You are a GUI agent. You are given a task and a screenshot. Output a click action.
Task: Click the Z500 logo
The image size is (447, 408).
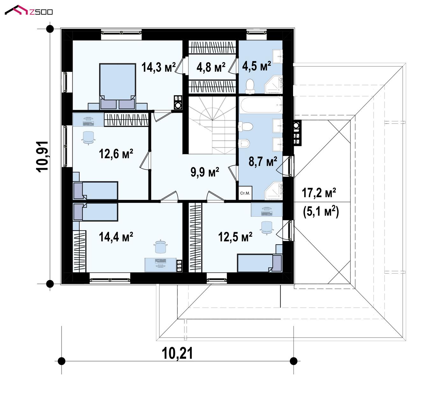pos(29,10)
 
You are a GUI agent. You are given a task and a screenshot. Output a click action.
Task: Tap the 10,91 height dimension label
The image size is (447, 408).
pos(42,156)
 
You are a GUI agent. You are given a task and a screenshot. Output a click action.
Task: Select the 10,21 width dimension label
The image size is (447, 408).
pos(177,354)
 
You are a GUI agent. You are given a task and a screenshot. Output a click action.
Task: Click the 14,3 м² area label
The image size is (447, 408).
pos(159,67)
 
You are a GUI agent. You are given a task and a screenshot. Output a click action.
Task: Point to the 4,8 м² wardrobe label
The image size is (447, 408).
pos(211,67)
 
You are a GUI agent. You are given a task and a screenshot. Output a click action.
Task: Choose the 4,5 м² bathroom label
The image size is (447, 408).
pos(257,66)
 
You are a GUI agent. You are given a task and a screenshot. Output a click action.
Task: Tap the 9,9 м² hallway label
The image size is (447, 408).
pos(205,172)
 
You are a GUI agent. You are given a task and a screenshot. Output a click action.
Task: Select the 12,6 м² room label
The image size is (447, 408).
pos(116,154)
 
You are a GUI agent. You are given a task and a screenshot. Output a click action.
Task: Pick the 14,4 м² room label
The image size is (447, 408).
pos(116,237)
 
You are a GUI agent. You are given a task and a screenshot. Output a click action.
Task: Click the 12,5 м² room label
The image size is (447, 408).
pos(235,237)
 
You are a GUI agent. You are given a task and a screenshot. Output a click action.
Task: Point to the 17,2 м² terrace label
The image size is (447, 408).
pos(319,192)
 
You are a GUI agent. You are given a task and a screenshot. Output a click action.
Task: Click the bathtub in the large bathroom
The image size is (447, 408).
pos(261,104)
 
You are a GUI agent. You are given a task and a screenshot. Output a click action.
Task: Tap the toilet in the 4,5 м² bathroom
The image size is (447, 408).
pos(250,86)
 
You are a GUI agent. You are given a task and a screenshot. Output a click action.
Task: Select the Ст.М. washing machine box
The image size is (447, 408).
pos(245,193)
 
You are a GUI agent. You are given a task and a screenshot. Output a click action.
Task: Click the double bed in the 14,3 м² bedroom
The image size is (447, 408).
pos(118,86)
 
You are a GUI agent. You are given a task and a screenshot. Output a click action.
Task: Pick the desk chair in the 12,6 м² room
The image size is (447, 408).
pos(89,138)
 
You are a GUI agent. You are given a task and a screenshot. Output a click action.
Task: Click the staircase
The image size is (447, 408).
pos(212,125)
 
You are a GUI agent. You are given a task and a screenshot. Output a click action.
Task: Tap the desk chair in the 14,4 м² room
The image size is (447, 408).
pos(160,247)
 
